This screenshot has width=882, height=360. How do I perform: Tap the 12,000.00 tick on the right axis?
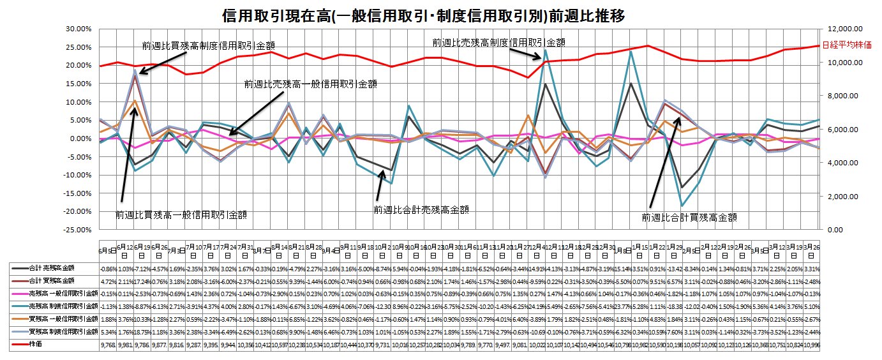pyautogui.click(x=844, y=29)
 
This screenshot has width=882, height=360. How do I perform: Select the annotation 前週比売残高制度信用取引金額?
pyautogui.click(x=498, y=42)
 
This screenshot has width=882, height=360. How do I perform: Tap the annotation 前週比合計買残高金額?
pyautogui.click(x=689, y=217)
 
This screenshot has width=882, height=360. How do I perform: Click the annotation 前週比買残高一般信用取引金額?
pyautogui.click(x=181, y=215)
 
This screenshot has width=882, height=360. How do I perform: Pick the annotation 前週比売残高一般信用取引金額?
pyautogui.click(x=310, y=84)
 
